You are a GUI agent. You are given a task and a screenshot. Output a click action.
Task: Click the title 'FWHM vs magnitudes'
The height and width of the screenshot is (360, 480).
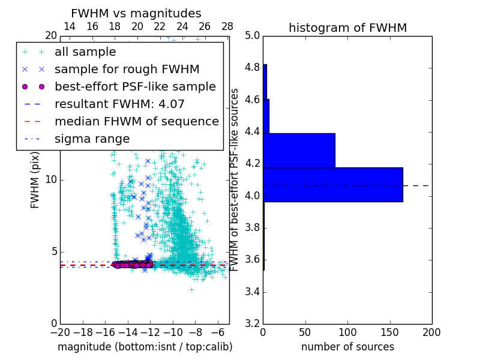tap(136, 14)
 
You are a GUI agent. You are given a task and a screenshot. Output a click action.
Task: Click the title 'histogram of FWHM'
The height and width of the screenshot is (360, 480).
tap(347, 28)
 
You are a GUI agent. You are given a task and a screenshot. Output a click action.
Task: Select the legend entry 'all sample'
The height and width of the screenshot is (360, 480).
tap(85, 52)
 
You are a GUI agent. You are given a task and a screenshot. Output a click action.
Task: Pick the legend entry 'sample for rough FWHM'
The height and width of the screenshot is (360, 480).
tap(127, 70)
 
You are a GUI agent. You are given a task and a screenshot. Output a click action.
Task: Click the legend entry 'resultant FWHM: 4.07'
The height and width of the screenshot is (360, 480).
tap(119, 104)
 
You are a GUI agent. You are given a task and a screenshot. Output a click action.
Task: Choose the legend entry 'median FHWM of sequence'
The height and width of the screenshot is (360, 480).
tap(136, 121)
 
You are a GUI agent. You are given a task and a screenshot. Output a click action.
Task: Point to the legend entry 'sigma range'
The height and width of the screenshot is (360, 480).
tap(92, 139)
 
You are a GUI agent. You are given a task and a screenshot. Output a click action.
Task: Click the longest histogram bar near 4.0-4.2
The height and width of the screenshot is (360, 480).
tap(333, 185)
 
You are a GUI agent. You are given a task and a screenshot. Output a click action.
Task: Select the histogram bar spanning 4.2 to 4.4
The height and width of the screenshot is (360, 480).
tap(299, 150)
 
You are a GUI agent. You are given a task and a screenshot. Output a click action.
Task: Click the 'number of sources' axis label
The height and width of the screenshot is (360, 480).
tap(347, 347)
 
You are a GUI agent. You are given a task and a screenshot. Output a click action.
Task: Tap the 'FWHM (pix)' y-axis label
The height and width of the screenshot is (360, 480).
tap(35, 179)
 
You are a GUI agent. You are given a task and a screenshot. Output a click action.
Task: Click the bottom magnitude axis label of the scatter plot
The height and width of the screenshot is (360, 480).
tap(145, 347)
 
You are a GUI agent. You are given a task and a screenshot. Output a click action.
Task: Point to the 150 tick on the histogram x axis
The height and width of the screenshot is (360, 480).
tap(389, 332)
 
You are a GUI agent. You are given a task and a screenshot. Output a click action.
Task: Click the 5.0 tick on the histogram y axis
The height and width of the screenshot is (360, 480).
tap(252, 35)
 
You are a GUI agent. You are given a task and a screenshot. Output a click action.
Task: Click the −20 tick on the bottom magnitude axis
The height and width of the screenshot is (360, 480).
tap(60, 332)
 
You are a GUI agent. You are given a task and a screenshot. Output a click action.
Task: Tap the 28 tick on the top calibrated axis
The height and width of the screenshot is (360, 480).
tap(227, 26)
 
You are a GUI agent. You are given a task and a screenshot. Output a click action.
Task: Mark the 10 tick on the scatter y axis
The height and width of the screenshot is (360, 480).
tap(52, 180)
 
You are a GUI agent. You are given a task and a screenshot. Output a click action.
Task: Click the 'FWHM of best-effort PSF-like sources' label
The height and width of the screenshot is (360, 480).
tap(235, 179)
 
